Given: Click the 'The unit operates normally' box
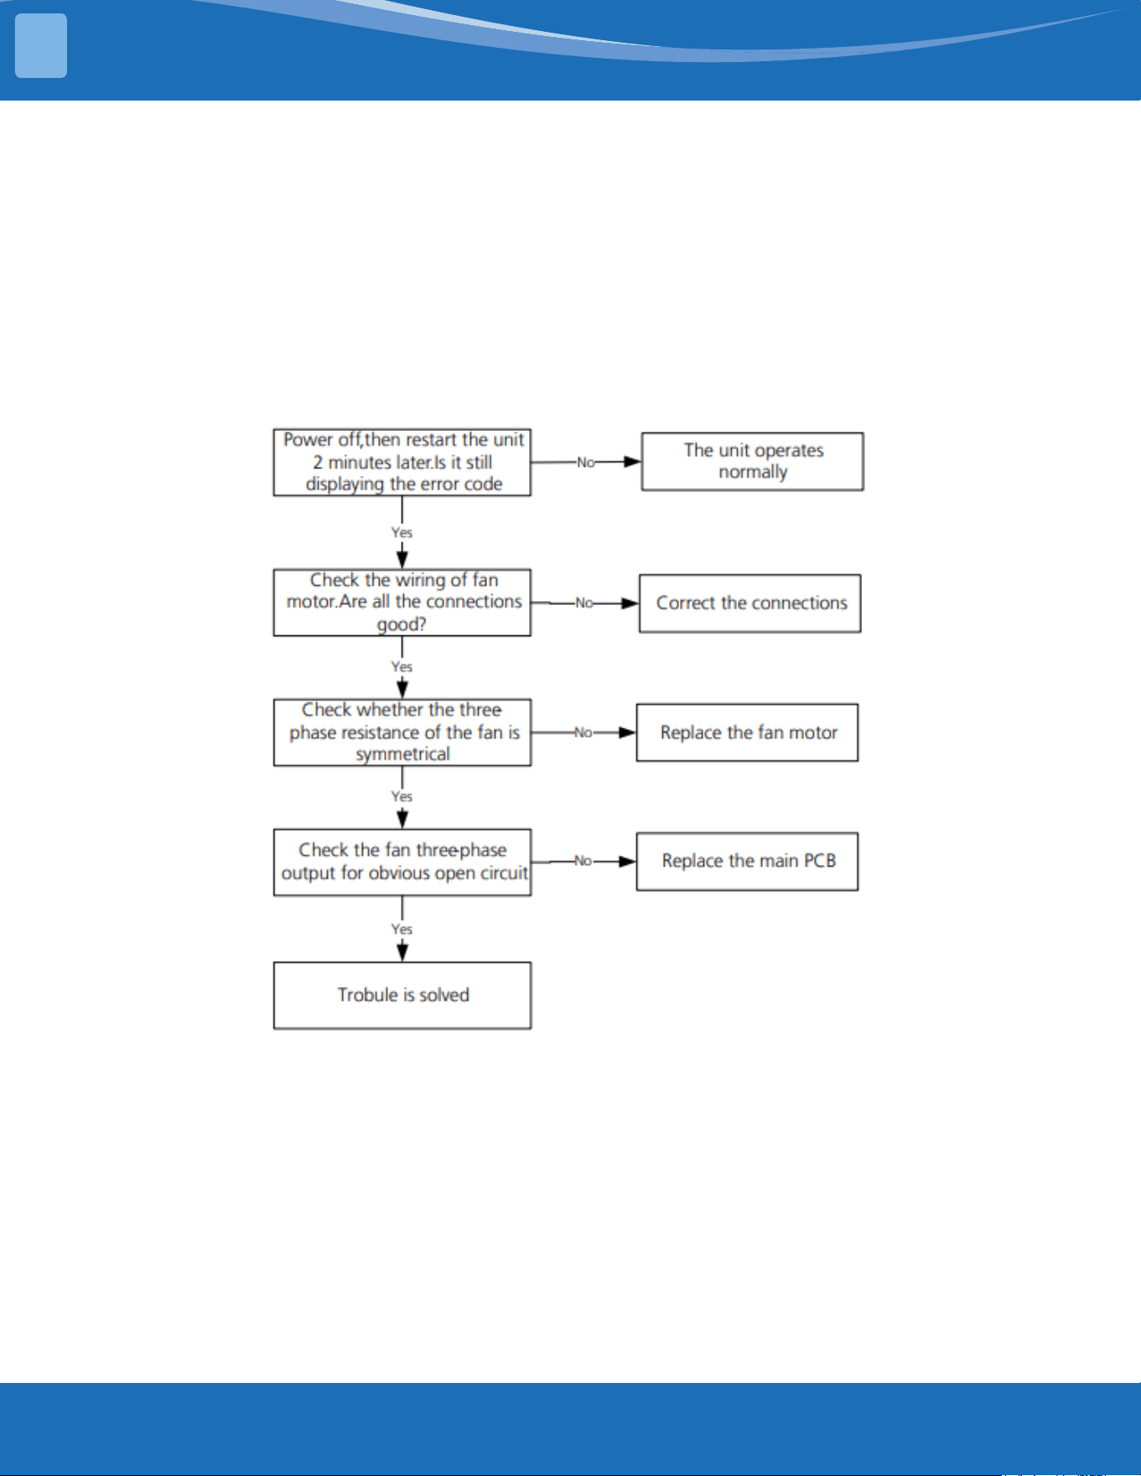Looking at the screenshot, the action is pos(752,461).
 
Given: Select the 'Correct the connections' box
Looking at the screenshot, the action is pos(749,603).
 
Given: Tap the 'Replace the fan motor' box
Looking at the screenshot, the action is pos(747,733).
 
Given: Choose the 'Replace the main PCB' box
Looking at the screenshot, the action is pos(747,861).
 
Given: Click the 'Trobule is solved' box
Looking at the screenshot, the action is pos(402,995).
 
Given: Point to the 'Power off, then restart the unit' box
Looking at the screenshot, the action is pos(402,462).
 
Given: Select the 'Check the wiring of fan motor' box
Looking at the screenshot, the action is pos(402,602).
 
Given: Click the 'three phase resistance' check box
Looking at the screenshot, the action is pos(402,733).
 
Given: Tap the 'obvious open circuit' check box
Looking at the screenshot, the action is pos(402,862).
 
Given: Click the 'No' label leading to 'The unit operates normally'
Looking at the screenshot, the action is pos(585,463).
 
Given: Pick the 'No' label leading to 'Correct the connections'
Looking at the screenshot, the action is pos(583,603).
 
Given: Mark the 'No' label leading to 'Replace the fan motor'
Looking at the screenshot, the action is pos(583,733).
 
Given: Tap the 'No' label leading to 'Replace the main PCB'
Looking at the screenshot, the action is pos(583,861).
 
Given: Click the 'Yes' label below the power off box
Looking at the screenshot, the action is pos(402,532).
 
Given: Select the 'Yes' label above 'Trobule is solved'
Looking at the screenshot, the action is pos(402,929).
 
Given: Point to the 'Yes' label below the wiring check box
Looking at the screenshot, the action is pos(402,666).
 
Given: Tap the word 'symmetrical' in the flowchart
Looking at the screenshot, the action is pos(402,754).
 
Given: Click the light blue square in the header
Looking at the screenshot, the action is pos(41,46).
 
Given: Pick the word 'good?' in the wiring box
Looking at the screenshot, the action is pos(402,624).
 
